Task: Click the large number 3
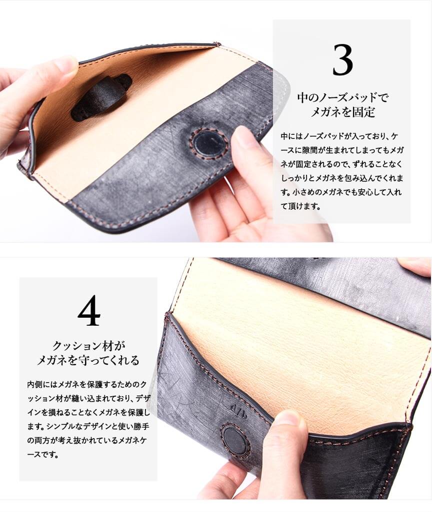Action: (342, 60)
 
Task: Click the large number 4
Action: (89, 311)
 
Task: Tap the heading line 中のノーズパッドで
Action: (342, 97)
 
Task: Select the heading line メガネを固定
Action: (342, 112)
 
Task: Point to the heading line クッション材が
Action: (89, 346)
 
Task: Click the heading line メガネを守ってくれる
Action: (88, 360)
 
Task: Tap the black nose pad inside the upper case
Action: (102, 97)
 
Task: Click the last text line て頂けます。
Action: (300, 206)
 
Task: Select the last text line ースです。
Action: (43, 454)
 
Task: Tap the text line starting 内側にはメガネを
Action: (87, 384)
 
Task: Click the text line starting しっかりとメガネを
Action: (342, 178)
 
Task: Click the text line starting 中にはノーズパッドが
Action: (339, 136)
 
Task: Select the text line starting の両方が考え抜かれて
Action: (87, 440)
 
